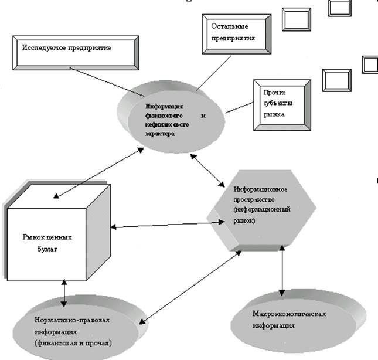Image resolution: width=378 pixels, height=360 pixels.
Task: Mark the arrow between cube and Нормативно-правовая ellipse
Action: click(63, 292)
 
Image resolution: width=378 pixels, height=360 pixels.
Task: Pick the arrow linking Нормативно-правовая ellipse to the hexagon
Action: click(190, 287)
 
